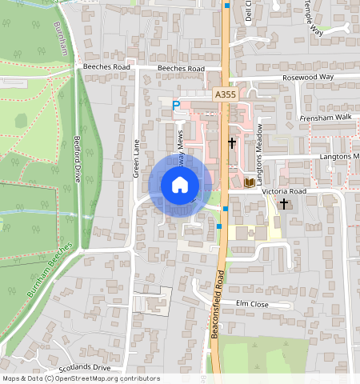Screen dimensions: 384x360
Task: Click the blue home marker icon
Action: tap(180, 186)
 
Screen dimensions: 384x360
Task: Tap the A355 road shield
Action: tap(226, 94)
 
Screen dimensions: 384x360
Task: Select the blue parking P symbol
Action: tap(176, 105)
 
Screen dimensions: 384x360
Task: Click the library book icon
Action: tap(249, 183)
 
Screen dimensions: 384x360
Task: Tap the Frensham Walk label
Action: tap(326, 117)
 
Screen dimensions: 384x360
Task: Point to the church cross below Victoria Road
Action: tap(283, 204)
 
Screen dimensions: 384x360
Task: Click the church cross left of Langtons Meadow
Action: tap(232, 142)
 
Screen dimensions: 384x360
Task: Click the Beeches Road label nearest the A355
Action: tap(182, 69)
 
